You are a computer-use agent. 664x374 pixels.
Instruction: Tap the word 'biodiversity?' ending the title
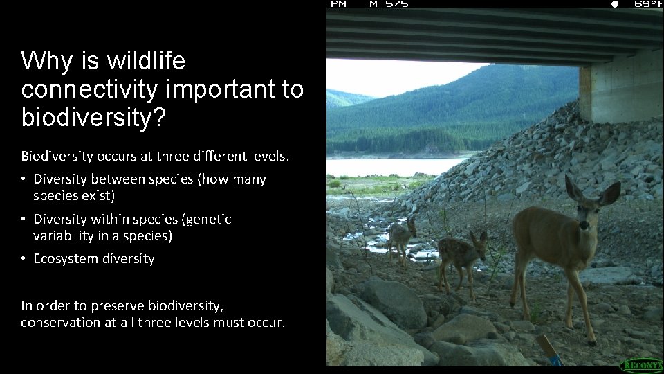93,118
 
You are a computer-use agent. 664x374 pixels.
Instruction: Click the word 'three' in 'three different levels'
154,155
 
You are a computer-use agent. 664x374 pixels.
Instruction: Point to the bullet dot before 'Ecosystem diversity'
24,259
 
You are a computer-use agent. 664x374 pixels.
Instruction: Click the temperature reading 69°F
648,4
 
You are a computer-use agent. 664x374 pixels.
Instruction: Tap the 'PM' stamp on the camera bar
339,4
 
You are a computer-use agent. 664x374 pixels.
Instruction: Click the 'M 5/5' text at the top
389,4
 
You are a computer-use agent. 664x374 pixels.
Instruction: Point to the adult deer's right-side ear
609,193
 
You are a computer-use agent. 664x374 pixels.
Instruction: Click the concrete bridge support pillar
620,90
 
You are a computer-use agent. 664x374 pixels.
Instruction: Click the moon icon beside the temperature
614,4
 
